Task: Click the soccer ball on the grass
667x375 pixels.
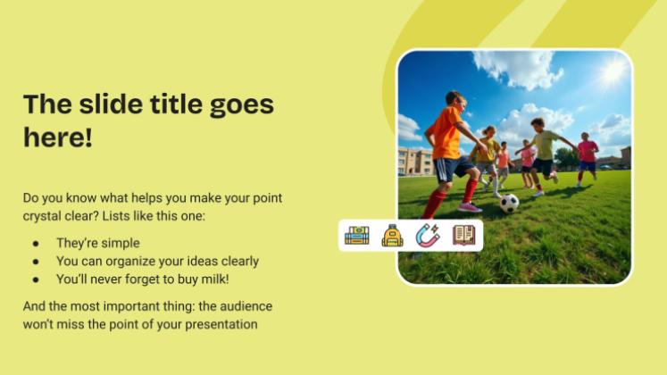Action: tap(509, 203)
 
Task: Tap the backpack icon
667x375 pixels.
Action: tap(392, 236)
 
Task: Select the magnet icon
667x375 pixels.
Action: tap(428, 236)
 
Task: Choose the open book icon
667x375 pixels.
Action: tap(463, 236)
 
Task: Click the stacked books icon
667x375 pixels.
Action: tap(357, 236)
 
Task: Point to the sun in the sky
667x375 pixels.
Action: tap(613, 71)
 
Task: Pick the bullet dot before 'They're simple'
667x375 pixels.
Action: tap(35, 243)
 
